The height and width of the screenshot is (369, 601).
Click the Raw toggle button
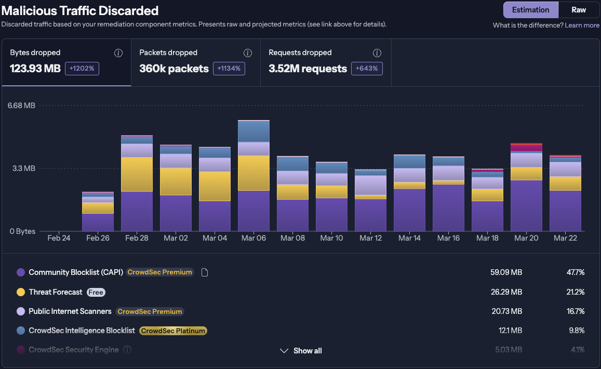(x=579, y=10)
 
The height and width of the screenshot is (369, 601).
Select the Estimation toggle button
(x=530, y=10)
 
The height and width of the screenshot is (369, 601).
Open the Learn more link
(x=582, y=25)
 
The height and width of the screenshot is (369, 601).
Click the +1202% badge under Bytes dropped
(x=82, y=69)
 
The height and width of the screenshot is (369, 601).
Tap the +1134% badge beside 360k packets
(x=229, y=69)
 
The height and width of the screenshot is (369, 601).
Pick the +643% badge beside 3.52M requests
(x=367, y=69)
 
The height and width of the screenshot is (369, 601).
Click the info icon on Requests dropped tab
(x=377, y=53)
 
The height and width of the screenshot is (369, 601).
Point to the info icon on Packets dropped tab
(x=248, y=53)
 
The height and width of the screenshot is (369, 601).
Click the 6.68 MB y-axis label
(x=21, y=106)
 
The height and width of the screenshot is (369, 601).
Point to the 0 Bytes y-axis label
(x=22, y=231)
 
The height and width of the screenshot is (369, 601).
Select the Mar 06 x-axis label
(x=253, y=238)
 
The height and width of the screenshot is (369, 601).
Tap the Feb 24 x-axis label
(x=59, y=238)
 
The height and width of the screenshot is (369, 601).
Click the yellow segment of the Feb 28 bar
(x=137, y=174)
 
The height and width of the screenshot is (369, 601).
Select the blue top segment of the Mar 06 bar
(x=253, y=131)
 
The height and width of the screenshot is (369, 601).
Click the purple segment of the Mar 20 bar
(x=526, y=205)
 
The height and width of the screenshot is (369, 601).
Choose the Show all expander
(x=301, y=351)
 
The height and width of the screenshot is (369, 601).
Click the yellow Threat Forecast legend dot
(x=21, y=292)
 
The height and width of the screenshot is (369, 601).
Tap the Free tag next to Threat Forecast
(x=96, y=292)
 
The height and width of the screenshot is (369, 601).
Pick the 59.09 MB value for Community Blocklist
(x=506, y=272)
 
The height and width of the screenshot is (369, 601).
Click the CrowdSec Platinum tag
(x=173, y=331)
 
